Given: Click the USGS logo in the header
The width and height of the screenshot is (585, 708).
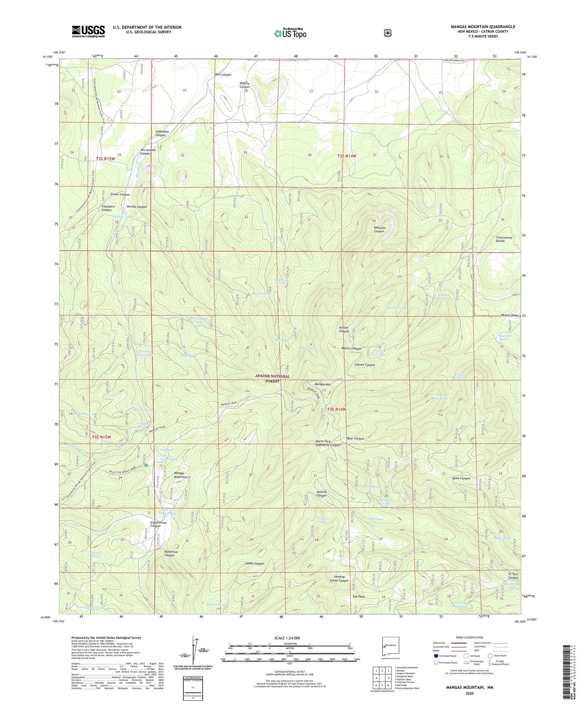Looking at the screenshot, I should tap(88, 31).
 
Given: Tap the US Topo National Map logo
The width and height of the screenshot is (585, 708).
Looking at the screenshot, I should tap(290, 33).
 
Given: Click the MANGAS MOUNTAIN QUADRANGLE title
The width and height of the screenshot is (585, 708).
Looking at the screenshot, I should tap(483, 27).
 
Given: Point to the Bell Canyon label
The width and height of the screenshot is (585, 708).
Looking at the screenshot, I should tap(223, 75).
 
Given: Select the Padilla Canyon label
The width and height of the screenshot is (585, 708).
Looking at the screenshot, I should tap(245, 85).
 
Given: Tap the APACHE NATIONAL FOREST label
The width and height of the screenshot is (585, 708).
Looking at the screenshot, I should tap(273, 378).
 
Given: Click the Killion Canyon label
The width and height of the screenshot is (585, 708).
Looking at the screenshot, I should tap(344, 330).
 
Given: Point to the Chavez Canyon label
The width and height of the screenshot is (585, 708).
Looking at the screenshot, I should tap(365, 365).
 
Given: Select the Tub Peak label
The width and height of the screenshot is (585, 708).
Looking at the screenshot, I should tap(358, 596).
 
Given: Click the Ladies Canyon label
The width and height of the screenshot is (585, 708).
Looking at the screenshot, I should tap(254, 564).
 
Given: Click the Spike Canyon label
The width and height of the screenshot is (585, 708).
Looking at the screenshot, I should tap(461, 478).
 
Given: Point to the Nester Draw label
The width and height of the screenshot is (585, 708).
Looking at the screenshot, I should tap(509, 315).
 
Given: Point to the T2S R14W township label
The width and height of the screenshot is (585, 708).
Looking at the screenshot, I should tap(347, 156).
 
